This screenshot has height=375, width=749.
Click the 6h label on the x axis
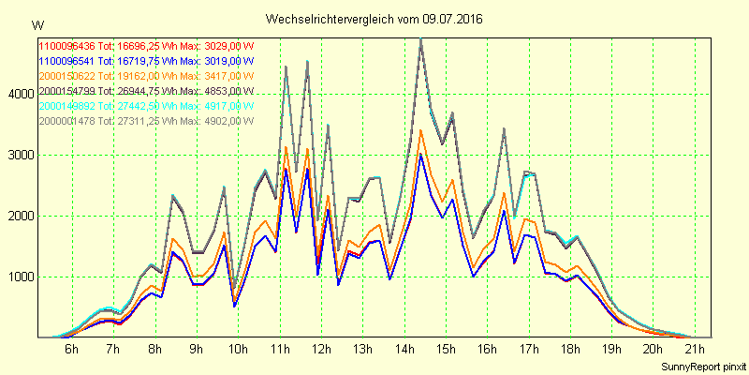[x=71, y=350]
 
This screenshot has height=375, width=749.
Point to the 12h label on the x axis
[x=321, y=350]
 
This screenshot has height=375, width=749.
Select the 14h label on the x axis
[x=404, y=350]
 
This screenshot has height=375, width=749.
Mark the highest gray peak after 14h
[x=421, y=39]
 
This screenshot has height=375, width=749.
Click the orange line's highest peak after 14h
[x=421, y=129]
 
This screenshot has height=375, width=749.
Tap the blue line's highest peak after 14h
[x=421, y=155]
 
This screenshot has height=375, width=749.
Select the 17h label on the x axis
[x=528, y=350]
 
